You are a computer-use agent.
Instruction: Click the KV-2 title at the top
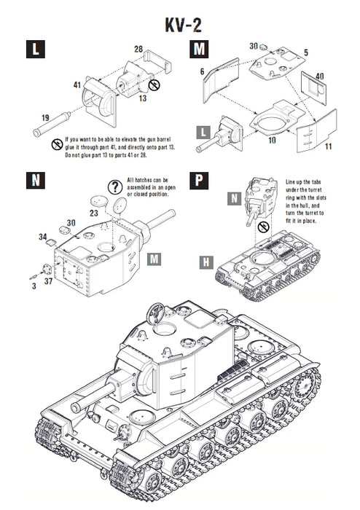pos(180,24)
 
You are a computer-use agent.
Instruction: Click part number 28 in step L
pos(138,49)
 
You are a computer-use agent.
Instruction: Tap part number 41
pos(76,85)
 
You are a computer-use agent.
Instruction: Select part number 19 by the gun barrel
pos(45,117)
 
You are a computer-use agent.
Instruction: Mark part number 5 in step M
pos(306,52)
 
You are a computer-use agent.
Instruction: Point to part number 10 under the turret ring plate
pos(271,139)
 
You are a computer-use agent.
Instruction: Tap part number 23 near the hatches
pos(94,214)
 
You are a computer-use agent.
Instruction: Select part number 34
pos(43,237)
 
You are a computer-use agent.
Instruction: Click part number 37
pos(48,280)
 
